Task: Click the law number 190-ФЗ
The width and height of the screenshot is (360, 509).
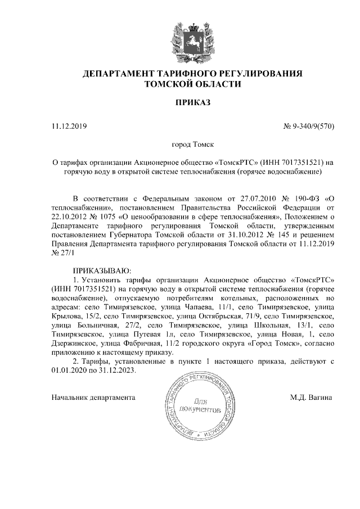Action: (307, 199)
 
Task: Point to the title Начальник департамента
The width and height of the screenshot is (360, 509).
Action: (93, 398)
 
